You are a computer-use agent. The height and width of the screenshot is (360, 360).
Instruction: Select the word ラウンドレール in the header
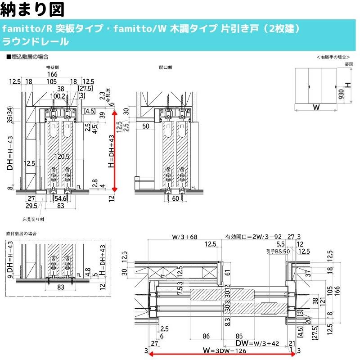tap(36, 42)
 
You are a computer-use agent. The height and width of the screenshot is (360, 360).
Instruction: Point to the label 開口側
tap(166, 67)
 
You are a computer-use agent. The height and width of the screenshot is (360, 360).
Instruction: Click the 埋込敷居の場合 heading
tap(28, 57)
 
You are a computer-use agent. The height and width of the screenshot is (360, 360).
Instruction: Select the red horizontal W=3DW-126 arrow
tap(222, 354)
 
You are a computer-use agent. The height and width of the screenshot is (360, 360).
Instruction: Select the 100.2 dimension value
tap(58, 96)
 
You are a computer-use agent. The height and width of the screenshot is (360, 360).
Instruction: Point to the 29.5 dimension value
tap(31, 205)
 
